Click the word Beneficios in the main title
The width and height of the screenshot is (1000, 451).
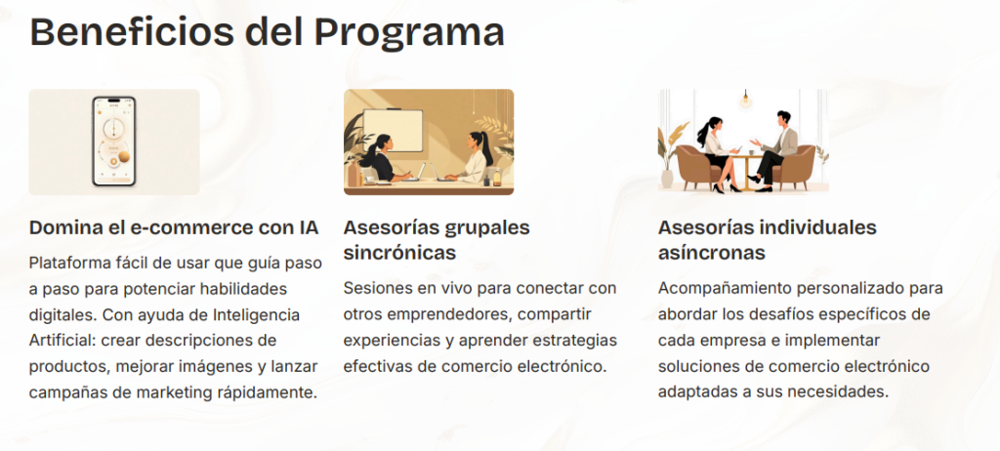[132, 32]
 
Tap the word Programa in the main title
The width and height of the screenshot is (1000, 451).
[408, 33]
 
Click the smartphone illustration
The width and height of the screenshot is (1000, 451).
[114, 142]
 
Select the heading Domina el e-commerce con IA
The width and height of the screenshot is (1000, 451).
[174, 227]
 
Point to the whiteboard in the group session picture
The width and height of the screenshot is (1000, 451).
[393, 131]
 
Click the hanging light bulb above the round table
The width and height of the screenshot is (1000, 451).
[745, 100]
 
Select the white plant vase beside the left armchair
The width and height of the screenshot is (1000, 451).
[667, 178]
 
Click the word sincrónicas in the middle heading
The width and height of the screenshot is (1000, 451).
[399, 253]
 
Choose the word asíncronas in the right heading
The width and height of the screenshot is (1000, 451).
[712, 253]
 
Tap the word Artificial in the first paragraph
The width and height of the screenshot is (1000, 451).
[60, 341]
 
